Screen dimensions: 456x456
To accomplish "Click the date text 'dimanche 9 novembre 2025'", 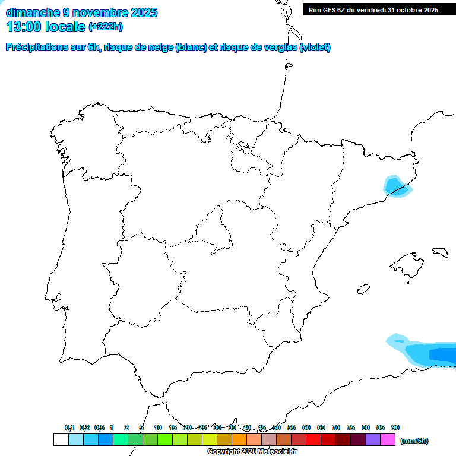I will pyautogui.click(x=81, y=12).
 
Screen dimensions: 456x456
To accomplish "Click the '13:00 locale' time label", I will pyautogui.click(x=46, y=27).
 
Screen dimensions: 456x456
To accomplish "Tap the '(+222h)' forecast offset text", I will pyautogui.click(x=105, y=27).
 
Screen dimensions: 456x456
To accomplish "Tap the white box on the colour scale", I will pyautogui.click(x=61, y=440).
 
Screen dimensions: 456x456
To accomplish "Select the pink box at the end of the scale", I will pyautogui.click(x=388, y=440).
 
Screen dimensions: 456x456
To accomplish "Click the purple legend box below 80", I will pyautogui.click(x=373, y=440).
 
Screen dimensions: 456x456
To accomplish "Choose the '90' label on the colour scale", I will pyautogui.click(x=395, y=427).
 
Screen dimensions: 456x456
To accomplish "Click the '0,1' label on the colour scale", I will pyautogui.click(x=69, y=427).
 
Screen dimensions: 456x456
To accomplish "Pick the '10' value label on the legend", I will pyautogui.click(x=158, y=427).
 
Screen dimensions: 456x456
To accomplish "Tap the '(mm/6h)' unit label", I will pyautogui.click(x=414, y=441).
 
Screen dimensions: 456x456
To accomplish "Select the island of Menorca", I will pyautogui.click(x=440, y=252).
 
